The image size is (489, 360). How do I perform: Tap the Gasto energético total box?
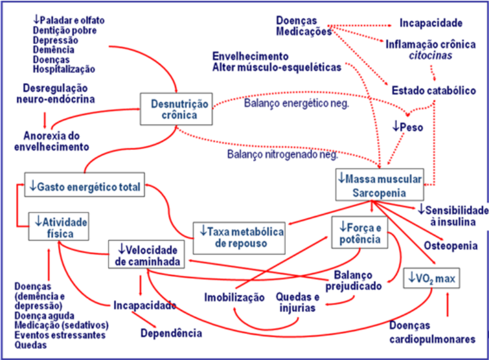click(85, 187)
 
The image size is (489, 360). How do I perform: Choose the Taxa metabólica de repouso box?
click(239, 237)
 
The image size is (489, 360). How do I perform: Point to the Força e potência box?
click(360, 232)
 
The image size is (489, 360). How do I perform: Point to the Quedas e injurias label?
click(298, 302)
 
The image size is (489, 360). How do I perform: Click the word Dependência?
click(171, 333)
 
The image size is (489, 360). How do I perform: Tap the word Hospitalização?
click(64, 69)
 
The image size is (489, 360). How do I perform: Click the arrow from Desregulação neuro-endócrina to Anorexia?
click(44, 117)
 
